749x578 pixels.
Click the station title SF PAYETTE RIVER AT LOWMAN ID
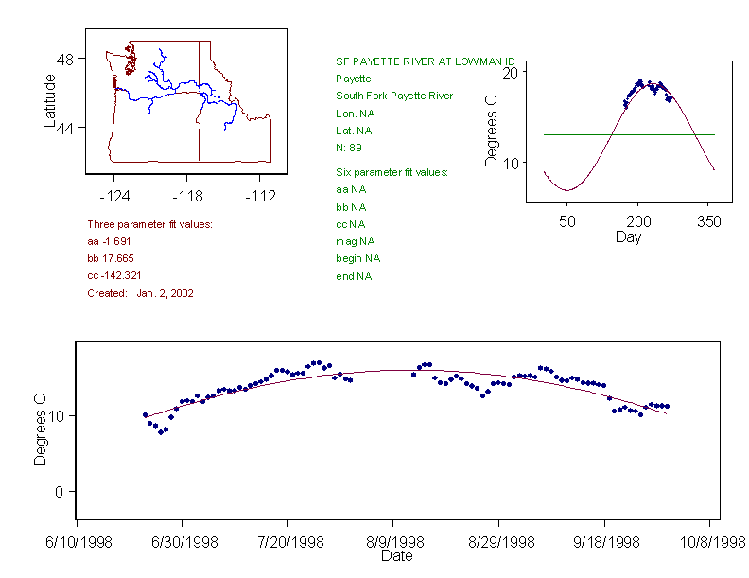tap(426, 61)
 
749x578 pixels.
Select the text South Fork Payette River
tap(394, 96)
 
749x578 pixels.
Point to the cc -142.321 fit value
tap(114, 275)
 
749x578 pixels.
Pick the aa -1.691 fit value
tap(108, 241)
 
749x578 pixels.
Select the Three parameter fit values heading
tap(149, 224)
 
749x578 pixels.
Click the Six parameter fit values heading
tap(392, 172)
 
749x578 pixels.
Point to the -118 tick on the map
tap(186, 197)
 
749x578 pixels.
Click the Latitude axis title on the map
tap(50, 101)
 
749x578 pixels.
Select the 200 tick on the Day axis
tap(638, 221)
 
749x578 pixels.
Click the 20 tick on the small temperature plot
tap(509, 73)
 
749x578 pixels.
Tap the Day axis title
tap(628, 236)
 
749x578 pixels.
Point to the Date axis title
tap(396, 556)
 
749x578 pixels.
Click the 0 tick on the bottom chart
tap(58, 492)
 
